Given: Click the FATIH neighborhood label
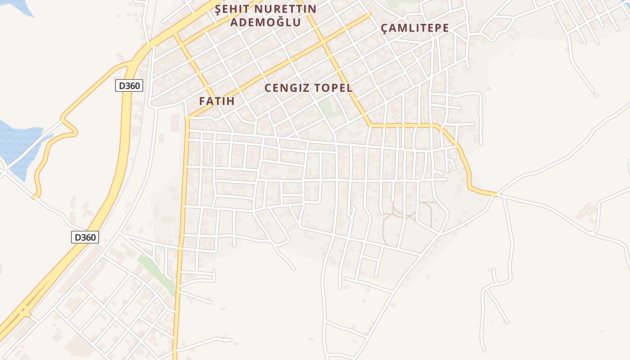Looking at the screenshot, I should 217,101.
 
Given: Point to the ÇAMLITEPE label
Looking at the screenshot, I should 414,28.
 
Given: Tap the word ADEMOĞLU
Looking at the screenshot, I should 265,22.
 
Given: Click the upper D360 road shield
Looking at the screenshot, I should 129,85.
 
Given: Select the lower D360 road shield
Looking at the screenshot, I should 85,237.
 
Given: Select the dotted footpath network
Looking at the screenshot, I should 407,216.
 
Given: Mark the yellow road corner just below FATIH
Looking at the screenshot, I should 187,119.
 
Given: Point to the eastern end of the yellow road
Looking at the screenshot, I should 495,194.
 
